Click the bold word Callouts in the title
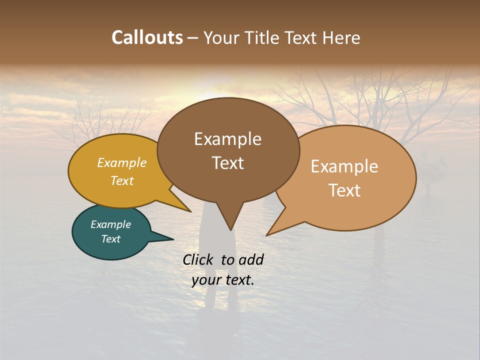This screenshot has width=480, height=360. click(x=147, y=37)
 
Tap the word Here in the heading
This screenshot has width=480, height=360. click(x=340, y=37)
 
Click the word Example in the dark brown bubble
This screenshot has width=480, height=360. click(x=227, y=139)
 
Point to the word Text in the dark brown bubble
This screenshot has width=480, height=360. click(x=227, y=163)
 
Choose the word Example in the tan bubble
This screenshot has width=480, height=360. click(x=344, y=166)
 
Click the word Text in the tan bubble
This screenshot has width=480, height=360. click(x=344, y=190)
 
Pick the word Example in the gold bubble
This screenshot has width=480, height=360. click(x=122, y=163)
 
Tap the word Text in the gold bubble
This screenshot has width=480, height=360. click(x=122, y=181)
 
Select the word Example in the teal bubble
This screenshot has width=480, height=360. click(x=110, y=224)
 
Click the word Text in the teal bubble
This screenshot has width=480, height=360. click(x=110, y=239)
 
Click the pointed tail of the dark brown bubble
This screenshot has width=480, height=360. click(x=230, y=227)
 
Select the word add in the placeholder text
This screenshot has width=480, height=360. click(x=251, y=259)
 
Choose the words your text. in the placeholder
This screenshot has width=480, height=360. click(x=223, y=280)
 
